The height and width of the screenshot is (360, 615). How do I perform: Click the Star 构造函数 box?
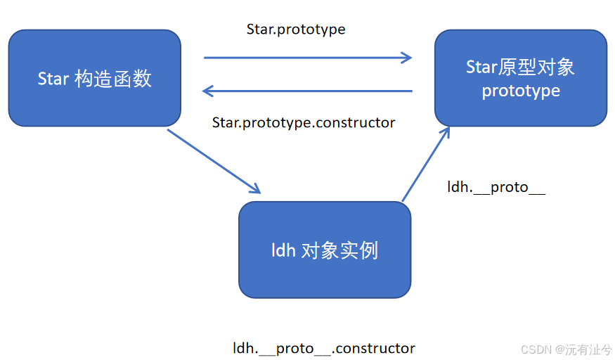point(94,78)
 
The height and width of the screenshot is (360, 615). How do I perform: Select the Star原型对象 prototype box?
point(520,78)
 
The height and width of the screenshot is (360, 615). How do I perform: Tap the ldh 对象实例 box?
point(325,250)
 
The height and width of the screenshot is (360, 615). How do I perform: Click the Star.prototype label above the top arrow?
point(296,30)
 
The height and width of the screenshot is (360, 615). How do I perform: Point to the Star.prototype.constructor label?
point(304,123)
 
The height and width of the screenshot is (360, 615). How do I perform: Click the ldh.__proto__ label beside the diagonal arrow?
point(496,187)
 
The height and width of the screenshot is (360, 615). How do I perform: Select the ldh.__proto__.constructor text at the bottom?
point(324,348)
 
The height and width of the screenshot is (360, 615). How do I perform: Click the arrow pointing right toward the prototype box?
point(307,58)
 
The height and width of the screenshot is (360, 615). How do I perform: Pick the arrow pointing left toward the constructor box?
point(307,91)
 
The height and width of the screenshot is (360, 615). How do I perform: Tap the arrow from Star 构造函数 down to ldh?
point(214,161)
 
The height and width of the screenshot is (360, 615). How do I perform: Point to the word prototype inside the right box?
point(521,91)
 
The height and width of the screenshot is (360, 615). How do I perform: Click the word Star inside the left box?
point(53,78)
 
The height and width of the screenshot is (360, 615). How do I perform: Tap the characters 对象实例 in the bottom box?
point(339,250)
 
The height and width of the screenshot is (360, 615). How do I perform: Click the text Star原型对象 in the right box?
point(521,67)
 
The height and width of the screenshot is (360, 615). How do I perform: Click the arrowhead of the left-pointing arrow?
point(207,91)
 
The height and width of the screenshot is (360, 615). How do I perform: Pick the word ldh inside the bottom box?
point(283,250)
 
